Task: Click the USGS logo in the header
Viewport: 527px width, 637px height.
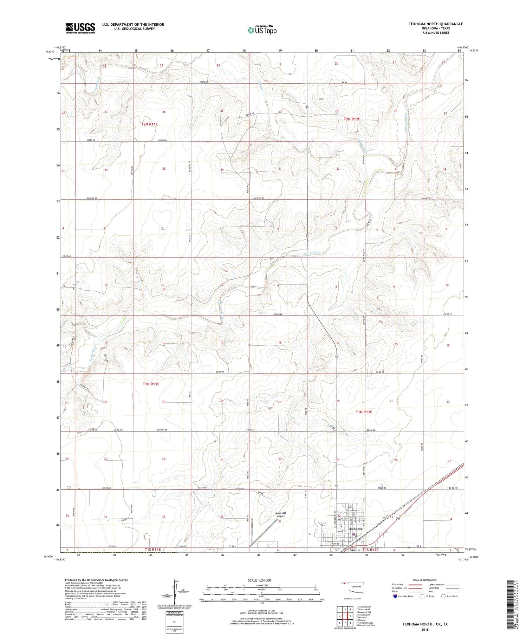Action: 80,28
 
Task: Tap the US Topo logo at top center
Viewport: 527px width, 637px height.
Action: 262,30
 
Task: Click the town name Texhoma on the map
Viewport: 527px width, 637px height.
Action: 355,529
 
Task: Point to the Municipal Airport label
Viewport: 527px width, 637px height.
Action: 280,514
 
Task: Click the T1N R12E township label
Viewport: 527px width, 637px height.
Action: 364,412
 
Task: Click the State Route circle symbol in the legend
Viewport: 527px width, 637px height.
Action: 443,596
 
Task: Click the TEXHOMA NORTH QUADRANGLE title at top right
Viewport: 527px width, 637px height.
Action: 431,24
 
